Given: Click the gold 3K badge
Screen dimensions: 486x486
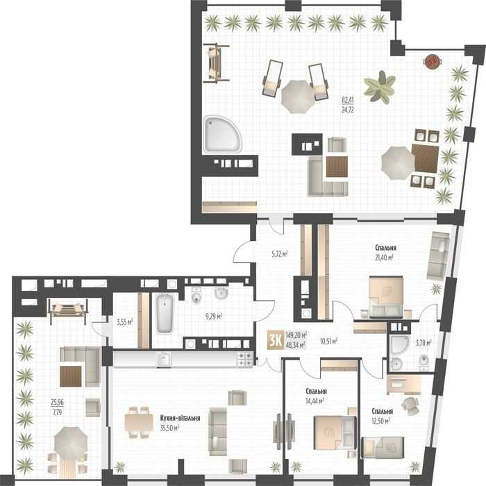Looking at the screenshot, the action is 275,340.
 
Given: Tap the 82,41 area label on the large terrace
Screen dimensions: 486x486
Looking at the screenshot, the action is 348,100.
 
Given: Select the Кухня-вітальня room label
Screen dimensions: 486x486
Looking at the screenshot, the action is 180,418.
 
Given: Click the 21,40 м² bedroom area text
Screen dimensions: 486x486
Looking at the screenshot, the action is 385,258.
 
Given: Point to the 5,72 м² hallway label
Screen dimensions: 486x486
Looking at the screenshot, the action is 280,254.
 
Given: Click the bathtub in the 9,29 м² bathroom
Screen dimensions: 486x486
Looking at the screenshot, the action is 165,313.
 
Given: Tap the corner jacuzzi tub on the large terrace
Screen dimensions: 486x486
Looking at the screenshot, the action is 223,135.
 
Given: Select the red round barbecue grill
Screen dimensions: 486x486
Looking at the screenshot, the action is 433,61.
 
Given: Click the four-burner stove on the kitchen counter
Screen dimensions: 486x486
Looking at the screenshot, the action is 245,360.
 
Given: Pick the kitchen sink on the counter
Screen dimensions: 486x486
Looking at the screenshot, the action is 163,359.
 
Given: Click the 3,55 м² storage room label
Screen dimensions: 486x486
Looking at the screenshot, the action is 124,322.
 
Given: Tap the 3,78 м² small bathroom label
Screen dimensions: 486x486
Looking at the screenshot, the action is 424,342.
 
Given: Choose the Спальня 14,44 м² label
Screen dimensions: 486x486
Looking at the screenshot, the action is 315,396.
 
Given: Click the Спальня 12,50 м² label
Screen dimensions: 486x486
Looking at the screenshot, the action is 382,416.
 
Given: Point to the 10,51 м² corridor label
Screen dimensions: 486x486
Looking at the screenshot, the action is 328,341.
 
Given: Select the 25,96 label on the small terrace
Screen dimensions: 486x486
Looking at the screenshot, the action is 58,402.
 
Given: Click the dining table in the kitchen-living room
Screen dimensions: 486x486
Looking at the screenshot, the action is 139,422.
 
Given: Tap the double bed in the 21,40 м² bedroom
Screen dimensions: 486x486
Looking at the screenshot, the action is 386,296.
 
